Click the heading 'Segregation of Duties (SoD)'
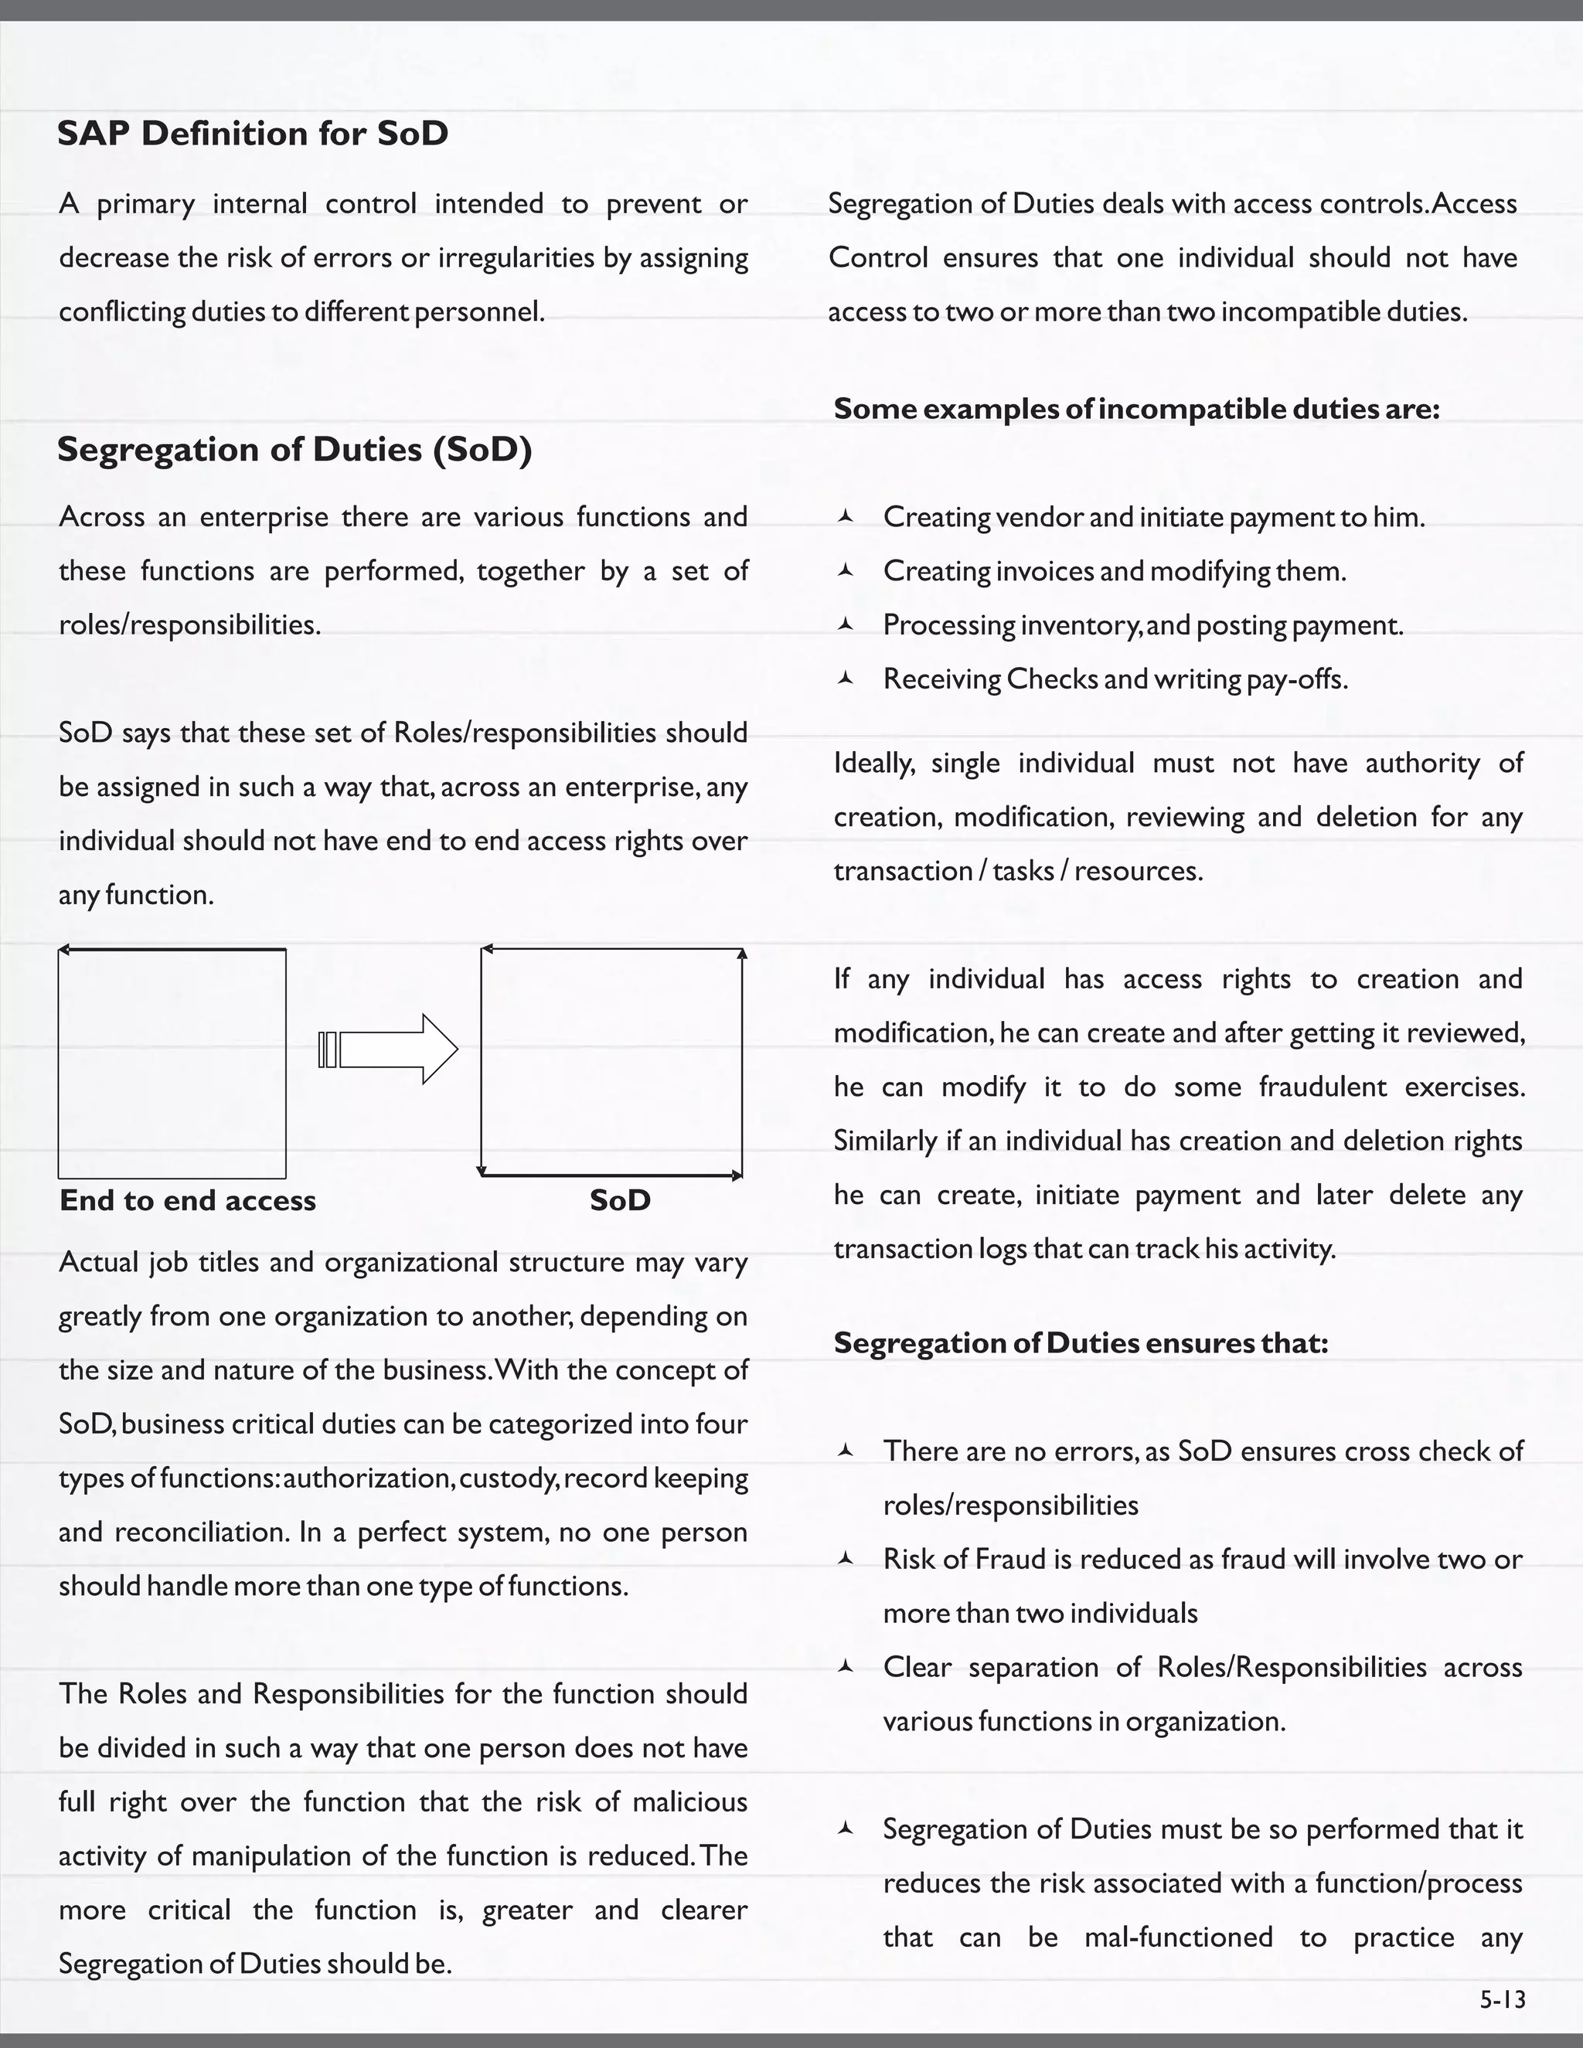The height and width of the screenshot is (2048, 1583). pos(294,449)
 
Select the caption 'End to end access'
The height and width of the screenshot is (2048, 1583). pos(188,1200)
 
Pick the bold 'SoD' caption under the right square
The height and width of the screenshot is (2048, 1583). pos(620,1200)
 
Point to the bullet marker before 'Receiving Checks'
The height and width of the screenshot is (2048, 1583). pos(845,678)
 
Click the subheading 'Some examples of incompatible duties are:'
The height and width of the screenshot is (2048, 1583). pos(1135,409)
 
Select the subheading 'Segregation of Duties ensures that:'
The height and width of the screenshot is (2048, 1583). pos(1081,1343)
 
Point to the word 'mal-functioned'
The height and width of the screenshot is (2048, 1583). pos(1178,1937)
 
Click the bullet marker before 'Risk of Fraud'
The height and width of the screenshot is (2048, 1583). pos(845,1559)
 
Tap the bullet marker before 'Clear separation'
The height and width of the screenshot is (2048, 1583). pos(845,1666)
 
